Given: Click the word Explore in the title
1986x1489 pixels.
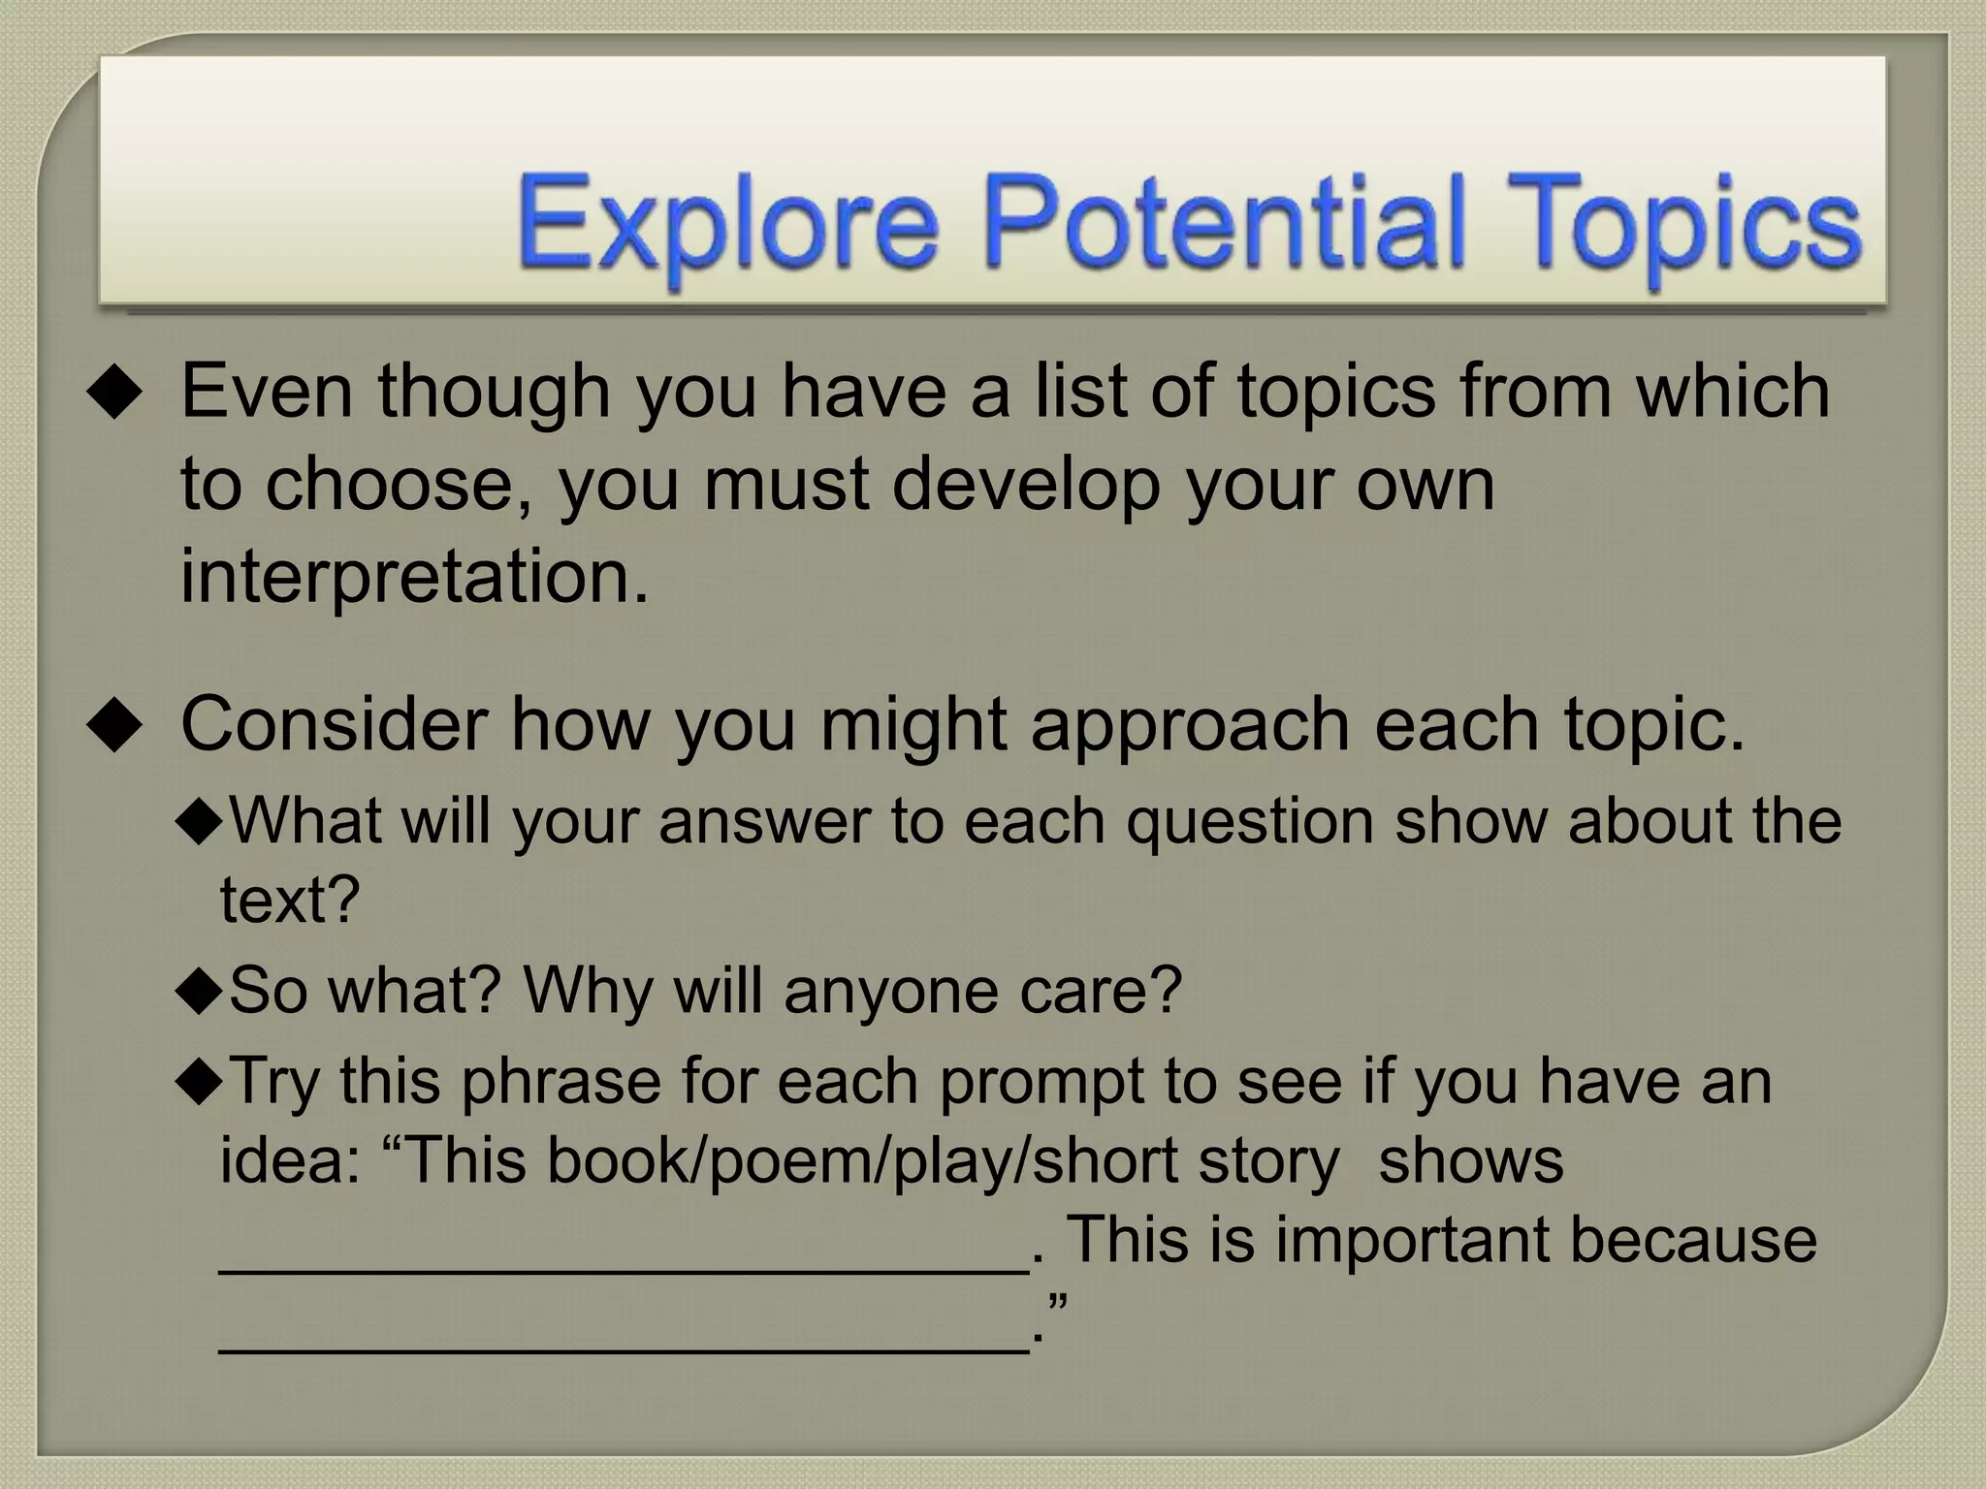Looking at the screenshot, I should tap(727, 225).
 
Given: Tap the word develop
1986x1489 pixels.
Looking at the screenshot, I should tap(1025, 485).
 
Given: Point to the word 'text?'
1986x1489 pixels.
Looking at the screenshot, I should tap(290, 900).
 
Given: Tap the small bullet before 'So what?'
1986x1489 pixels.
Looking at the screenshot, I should tap(200, 994).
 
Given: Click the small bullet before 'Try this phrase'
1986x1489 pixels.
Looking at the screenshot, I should tap(200, 1083).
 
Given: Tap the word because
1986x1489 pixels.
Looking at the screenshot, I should tap(1693, 1241).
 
